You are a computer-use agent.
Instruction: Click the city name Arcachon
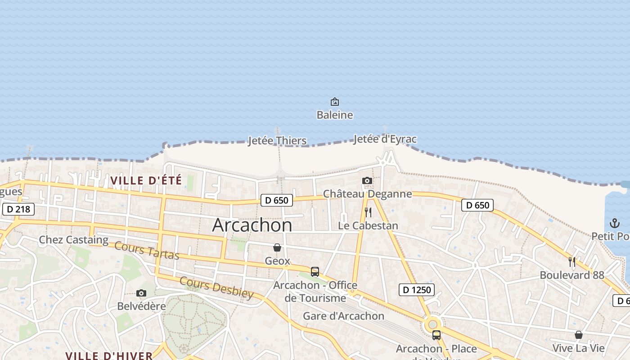(252, 225)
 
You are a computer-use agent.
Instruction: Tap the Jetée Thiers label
(277, 141)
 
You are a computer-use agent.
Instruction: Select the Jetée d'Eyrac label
(385, 139)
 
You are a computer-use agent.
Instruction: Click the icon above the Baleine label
(335, 102)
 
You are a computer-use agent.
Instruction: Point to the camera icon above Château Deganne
(367, 181)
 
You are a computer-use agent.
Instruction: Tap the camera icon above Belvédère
(141, 293)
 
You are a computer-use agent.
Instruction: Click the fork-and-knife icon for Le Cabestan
(368, 212)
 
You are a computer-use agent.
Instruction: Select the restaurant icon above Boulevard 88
(572, 262)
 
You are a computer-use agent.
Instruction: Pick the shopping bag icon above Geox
(277, 248)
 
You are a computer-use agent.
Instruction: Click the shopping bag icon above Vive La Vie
(579, 335)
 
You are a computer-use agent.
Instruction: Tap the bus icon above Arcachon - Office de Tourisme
(315, 272)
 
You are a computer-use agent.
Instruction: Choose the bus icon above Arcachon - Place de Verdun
(436, 335)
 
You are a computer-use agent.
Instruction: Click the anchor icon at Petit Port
(615, 223)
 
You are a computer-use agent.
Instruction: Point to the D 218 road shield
(18, 209)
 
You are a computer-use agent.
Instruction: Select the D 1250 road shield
(417, 290)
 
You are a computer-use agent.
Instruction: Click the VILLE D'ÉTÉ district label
(146, 181)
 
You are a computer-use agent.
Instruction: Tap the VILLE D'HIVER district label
(109, 355)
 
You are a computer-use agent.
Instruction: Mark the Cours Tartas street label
(147, 251)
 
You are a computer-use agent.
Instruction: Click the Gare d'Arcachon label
(343, 316)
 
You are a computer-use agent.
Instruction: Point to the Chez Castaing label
(74, 240)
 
